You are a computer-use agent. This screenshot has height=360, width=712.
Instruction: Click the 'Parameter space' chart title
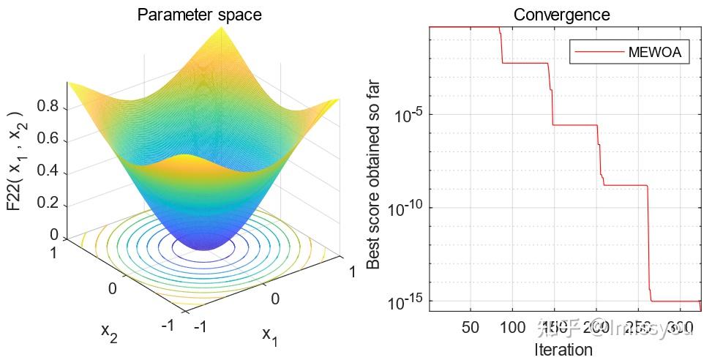pos(199,15)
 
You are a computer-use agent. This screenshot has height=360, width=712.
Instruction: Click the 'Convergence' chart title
pos(561,15)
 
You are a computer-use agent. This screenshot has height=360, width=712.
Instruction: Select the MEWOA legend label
pos(655,52)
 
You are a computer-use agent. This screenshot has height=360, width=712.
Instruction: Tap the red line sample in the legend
pos(599,52)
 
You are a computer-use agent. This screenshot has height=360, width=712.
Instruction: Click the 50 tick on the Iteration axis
pos(471,326)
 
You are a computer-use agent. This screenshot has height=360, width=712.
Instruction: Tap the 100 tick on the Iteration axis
pos(512,326)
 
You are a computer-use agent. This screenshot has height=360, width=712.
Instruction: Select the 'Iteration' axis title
pos(563,349)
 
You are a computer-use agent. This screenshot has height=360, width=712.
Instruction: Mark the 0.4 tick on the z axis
pos(49,171)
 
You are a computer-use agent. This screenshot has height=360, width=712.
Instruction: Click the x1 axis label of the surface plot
pos(270,336)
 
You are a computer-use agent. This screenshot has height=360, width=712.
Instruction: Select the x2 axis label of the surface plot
pos(109,331)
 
